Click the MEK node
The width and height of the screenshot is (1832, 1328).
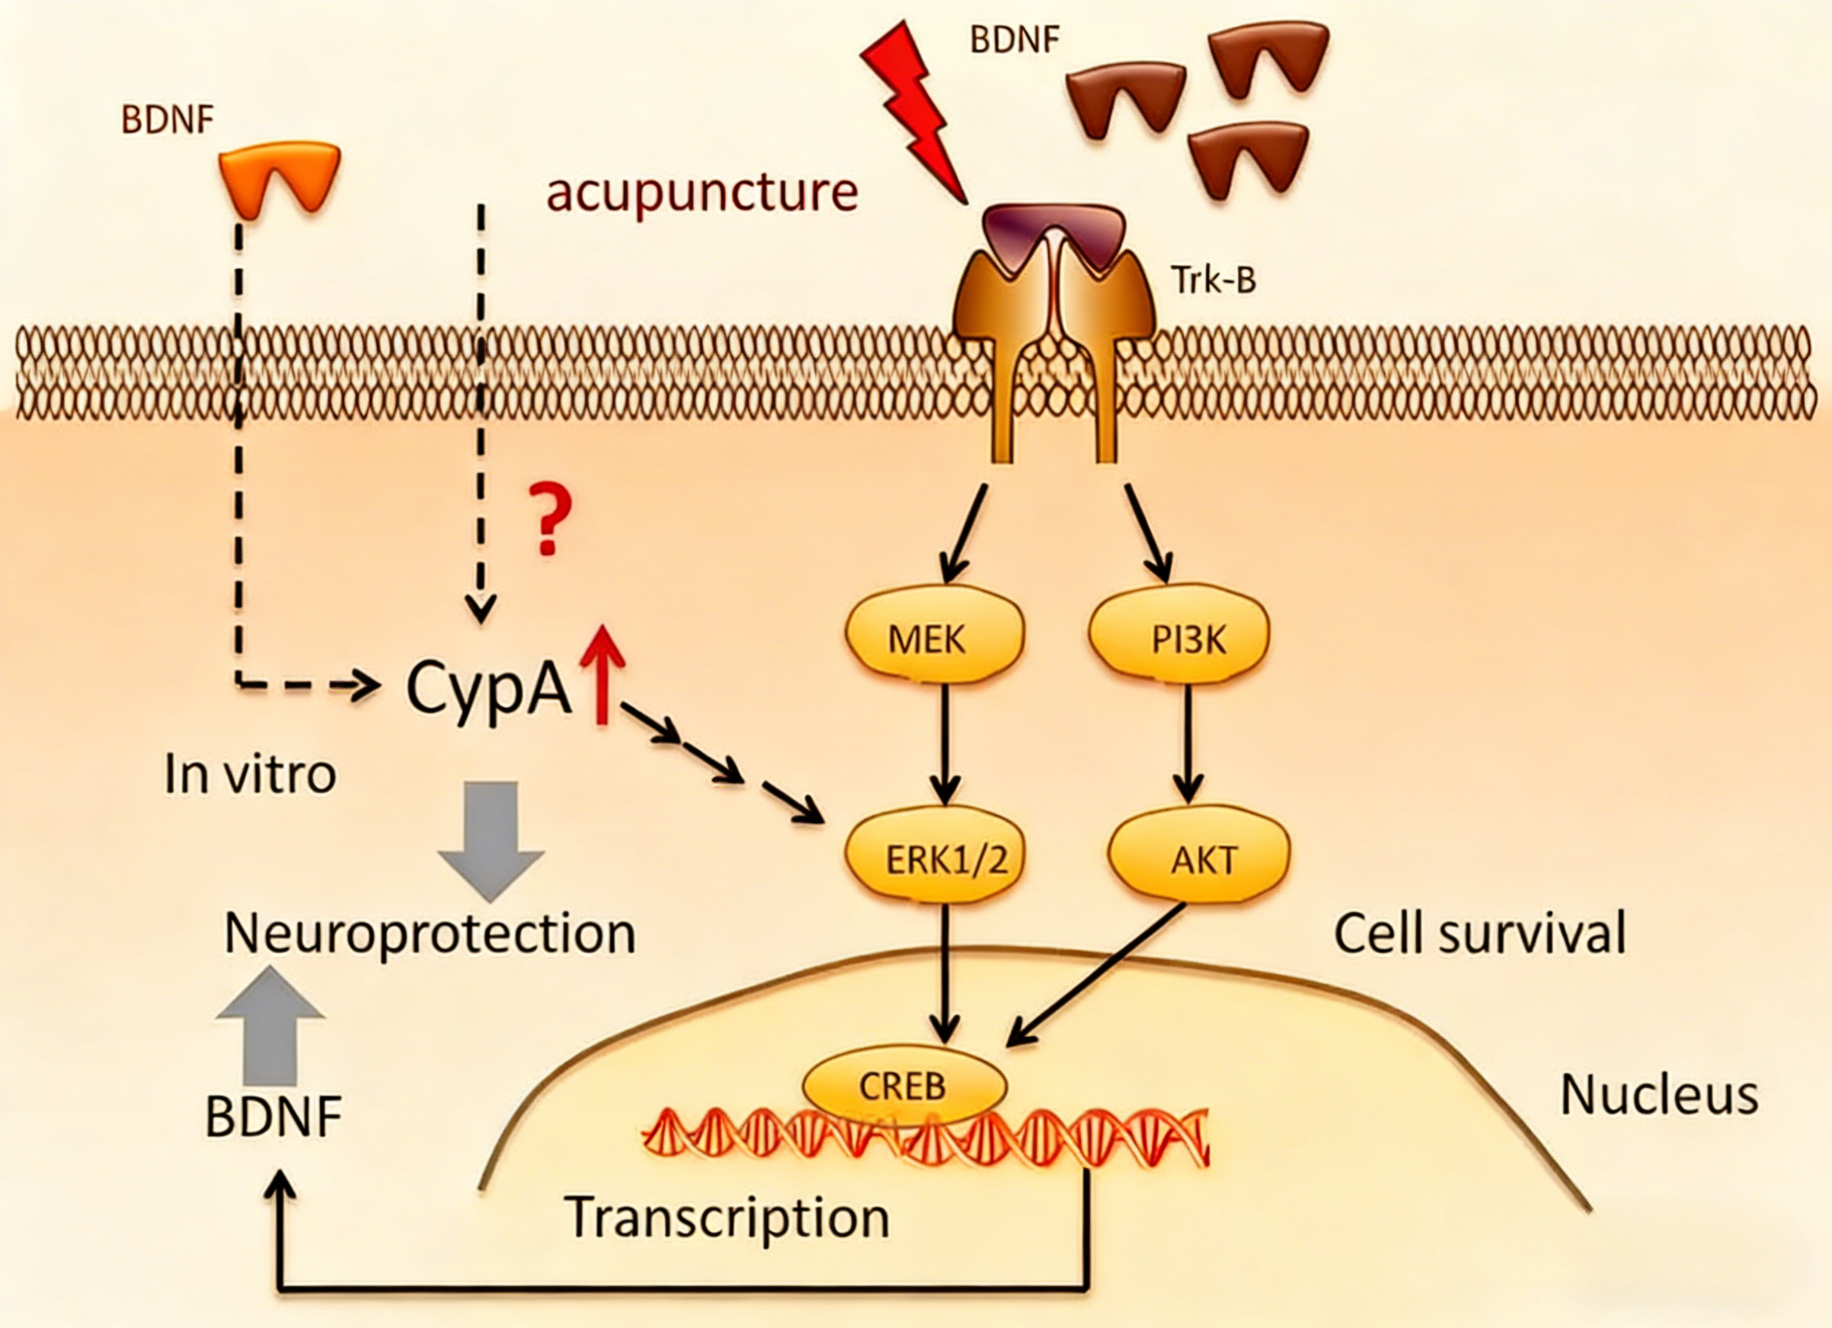click(x=935, y=639)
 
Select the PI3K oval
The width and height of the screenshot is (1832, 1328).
click(x=1179, y=639)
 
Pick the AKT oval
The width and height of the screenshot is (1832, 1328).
click(x=1200, y=859)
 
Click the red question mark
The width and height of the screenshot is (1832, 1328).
click(x=550, y=519)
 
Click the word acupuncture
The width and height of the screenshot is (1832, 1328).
click(x=702, y=192)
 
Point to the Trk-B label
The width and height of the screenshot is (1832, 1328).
click(x=1213, y=280)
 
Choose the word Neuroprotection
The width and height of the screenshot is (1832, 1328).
click(x=430, y=934)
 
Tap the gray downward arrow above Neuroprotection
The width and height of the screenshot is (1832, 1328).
click(x=491, y=837)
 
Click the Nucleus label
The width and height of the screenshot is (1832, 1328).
click(x=1659, y=1096)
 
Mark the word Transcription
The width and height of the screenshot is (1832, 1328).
click(x=727, y=1218)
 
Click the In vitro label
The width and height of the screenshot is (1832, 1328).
click(x=250, y=774)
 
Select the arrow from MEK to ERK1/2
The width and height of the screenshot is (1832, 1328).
click(x=945, y=743)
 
